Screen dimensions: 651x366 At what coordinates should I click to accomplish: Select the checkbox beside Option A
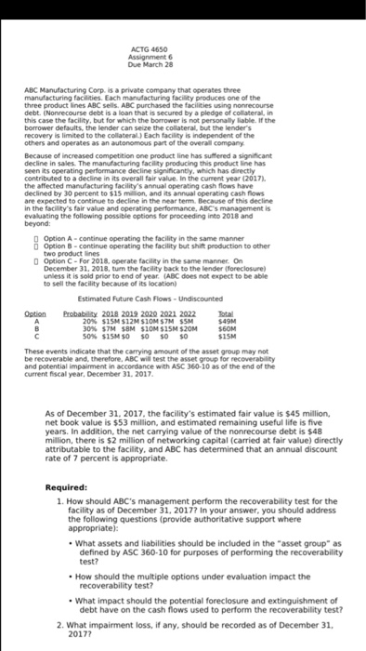pos(33,212)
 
